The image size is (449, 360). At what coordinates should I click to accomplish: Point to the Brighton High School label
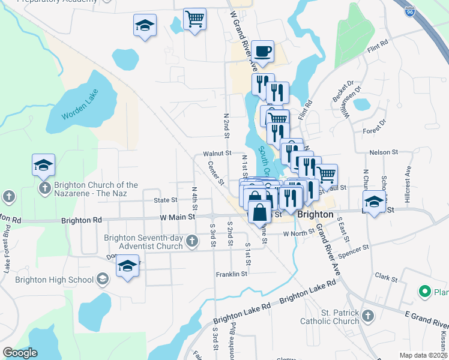coord(55,280)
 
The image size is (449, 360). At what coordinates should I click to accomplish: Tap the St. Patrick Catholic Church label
coord(340,318)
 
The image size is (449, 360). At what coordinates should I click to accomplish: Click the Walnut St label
coord(217,154)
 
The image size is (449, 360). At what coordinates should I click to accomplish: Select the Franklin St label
coord(232,274)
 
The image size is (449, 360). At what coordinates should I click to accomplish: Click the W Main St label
coord(178,216)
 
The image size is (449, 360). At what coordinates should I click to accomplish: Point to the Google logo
coord(20,353)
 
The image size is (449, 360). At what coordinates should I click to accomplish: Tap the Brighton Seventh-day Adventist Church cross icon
coord(191,242)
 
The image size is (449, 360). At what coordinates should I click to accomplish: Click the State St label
coord(166,200)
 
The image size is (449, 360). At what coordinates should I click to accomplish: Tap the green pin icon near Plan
coord(425,292)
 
